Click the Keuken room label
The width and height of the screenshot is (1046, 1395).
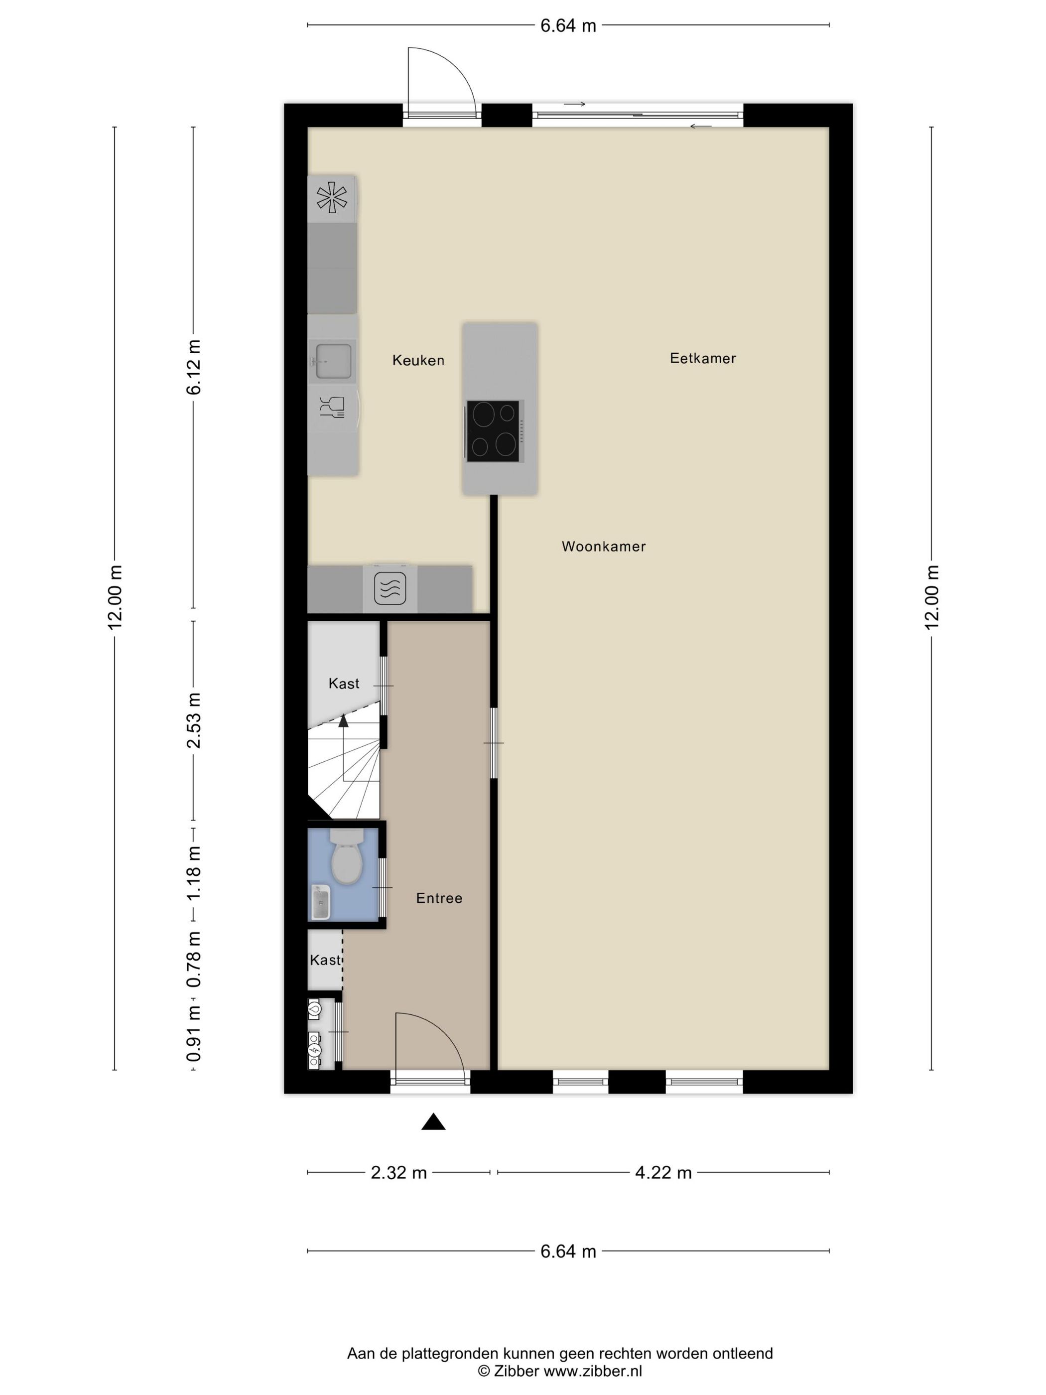coord(418,360)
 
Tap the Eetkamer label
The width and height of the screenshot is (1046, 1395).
coord(702,358)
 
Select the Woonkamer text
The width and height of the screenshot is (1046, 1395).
coord(603,546)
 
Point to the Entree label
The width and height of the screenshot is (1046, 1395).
coord(439,898)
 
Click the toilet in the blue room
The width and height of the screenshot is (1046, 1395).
coord(347,856)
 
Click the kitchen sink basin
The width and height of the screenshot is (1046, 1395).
coord(332,361)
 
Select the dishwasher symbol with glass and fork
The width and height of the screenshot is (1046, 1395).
coord(332,408)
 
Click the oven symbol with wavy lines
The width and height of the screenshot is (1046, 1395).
coord(390,588)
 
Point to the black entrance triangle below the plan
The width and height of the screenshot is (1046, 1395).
coord(433,1122)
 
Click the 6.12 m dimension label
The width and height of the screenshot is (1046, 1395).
coord(194,367)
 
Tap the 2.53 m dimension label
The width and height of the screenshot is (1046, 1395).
coord(194,720)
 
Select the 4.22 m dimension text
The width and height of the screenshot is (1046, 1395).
coord(663,1172)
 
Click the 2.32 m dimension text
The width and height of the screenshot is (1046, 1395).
coord(398,1172)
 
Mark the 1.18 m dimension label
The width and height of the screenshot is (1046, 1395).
coord(194,874)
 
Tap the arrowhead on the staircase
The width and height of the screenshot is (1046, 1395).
coord(343,721)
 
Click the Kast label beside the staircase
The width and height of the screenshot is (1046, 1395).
coord(344,683)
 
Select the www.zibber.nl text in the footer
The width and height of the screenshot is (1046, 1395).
coord(593,1371)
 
